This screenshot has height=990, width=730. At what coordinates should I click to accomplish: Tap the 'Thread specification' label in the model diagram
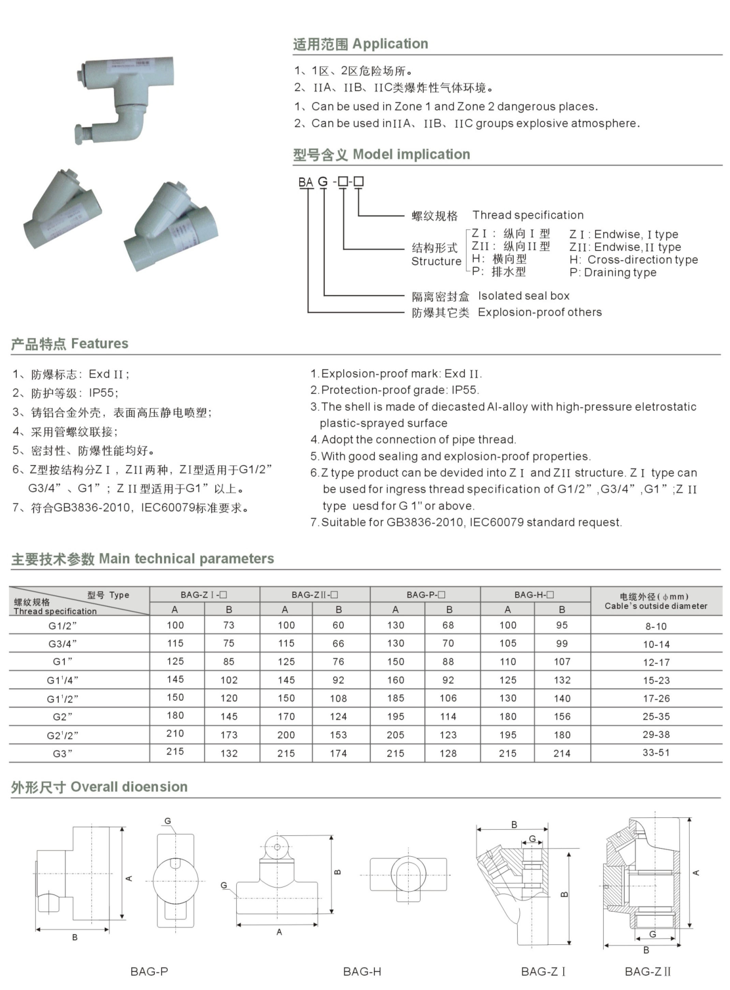coord(528,215)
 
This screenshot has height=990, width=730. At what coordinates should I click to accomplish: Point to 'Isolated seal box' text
coord(523,296)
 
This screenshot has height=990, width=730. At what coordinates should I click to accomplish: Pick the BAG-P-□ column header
coord(425,595)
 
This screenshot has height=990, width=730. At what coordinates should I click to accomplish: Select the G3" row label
coord(62,753)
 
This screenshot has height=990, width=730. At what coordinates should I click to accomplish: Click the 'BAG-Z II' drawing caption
coord(647,972)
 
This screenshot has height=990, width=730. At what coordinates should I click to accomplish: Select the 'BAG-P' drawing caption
coord(149,972)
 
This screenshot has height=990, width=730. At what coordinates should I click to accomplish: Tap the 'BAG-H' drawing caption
coord(362,972)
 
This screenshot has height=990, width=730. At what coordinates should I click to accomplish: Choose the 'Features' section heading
coord(69,343)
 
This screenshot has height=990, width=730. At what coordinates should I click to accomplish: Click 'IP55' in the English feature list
coord(464,390)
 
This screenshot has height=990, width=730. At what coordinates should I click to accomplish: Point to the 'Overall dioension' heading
coord(99,787)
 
